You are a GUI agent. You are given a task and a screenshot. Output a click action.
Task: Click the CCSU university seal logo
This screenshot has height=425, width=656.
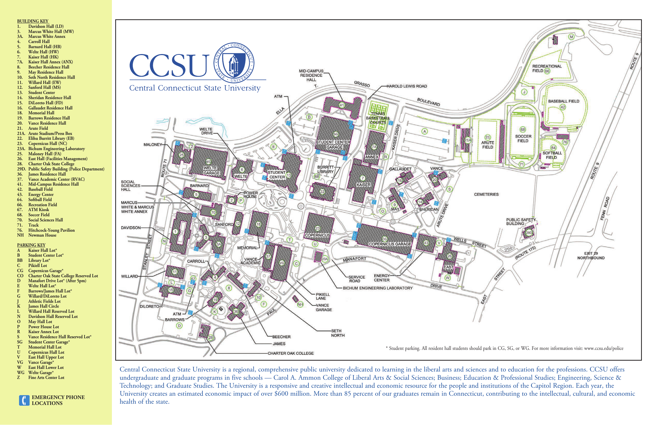point(234,63)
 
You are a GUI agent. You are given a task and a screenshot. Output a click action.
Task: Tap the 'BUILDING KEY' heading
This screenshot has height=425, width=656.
point(32,21)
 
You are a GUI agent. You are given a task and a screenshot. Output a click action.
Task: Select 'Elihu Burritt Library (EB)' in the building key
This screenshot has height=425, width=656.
point(51,138)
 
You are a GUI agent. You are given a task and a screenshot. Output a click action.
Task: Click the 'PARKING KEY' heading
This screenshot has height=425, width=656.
point(31,245)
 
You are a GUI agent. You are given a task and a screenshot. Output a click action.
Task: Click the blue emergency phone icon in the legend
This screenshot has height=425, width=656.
point(24,400)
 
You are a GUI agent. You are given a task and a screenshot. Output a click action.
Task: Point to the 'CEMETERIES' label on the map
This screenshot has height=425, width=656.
point(486,194)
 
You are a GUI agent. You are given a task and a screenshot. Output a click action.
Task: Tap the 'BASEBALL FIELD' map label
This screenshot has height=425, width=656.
point(564,101)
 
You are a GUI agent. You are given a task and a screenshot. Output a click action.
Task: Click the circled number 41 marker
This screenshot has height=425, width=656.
point(342,105)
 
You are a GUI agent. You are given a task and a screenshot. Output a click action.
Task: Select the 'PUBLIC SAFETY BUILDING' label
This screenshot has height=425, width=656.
point(521,221)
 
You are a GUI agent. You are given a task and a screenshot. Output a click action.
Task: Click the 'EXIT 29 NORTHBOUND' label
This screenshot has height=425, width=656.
point(591,256)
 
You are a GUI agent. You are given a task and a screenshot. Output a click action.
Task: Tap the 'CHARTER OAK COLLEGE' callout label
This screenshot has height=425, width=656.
point(290,353)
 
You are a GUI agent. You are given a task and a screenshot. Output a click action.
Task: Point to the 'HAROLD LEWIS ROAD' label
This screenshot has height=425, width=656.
point(406,86)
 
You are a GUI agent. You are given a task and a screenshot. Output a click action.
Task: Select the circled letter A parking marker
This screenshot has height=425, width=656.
point(425,132)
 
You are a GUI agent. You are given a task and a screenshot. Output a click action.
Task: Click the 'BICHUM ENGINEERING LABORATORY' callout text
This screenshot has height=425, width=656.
point(378,288)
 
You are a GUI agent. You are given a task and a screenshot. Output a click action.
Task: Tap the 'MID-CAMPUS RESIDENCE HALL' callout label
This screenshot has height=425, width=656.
point(311,75)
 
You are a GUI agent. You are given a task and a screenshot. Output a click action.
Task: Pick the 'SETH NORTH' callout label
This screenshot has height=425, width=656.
point(338,333)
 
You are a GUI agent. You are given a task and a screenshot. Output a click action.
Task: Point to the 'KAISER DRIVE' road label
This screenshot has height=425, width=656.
point(396,137)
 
